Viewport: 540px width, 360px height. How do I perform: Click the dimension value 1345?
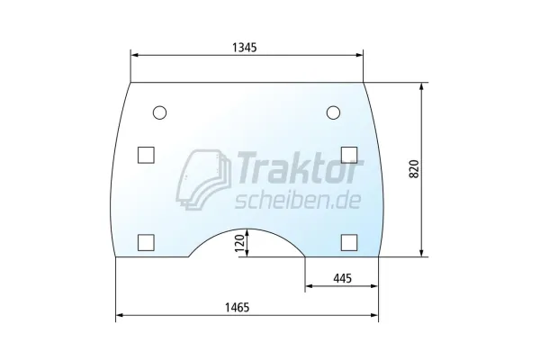pos(245,47)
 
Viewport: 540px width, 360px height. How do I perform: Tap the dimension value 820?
pos(414,169)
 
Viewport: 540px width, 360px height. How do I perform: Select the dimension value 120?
pos(239,242)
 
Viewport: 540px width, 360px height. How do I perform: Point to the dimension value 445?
pos(342,278)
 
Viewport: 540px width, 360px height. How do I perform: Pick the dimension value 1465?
pos(237,307)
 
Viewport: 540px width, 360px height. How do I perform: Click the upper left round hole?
pos(159,112)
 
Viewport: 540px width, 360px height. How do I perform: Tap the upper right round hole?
pos(333,112)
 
